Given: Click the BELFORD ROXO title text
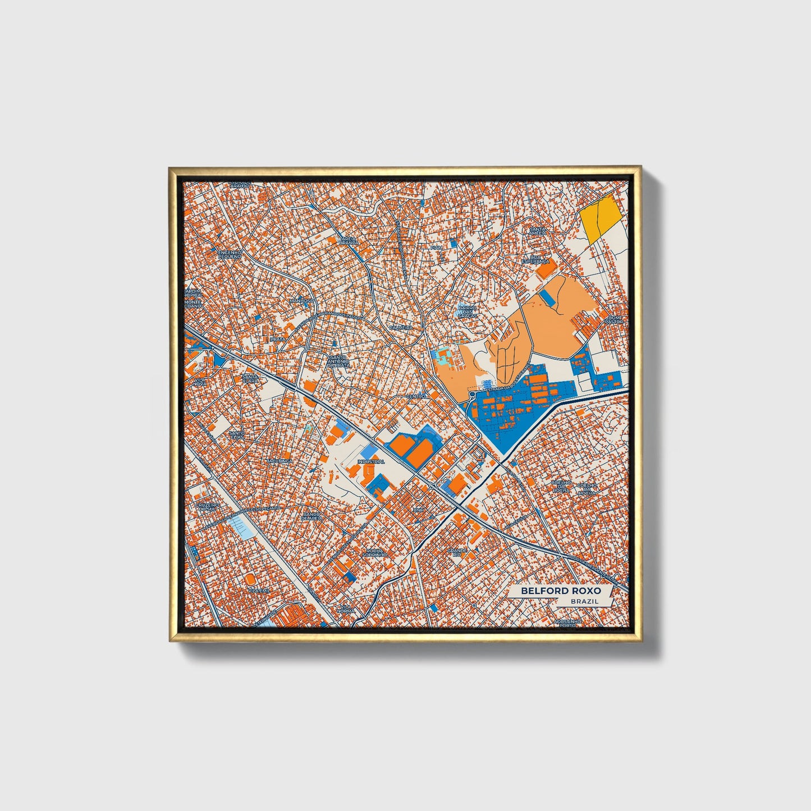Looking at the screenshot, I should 560,591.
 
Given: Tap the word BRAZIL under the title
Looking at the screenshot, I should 584,601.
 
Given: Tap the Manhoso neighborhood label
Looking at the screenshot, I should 301,301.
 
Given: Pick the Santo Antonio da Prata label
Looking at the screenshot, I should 338,361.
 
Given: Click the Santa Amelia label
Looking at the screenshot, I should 537,232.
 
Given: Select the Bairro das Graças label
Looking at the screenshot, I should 467,311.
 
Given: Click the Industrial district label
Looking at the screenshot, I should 371,461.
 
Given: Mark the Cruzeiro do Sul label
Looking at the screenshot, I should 206,507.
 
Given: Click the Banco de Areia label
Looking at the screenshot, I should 312,516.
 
